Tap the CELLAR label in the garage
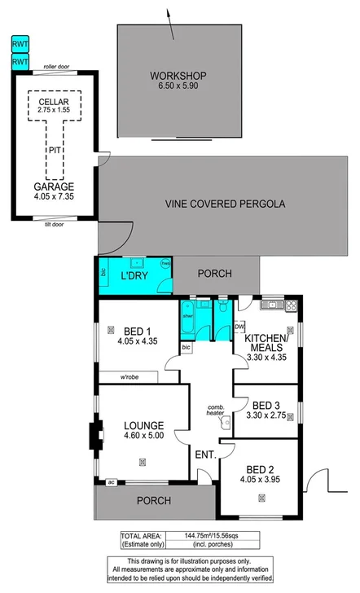coord(54,100)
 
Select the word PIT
coord(54,151)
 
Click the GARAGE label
coord(54,186)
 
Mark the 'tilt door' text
coord(54,223)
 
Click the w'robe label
coord(133,376)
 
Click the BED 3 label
coord(266,405)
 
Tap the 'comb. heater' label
coord(215,410)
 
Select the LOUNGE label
coord(143,424)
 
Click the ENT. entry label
coord(203,454)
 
